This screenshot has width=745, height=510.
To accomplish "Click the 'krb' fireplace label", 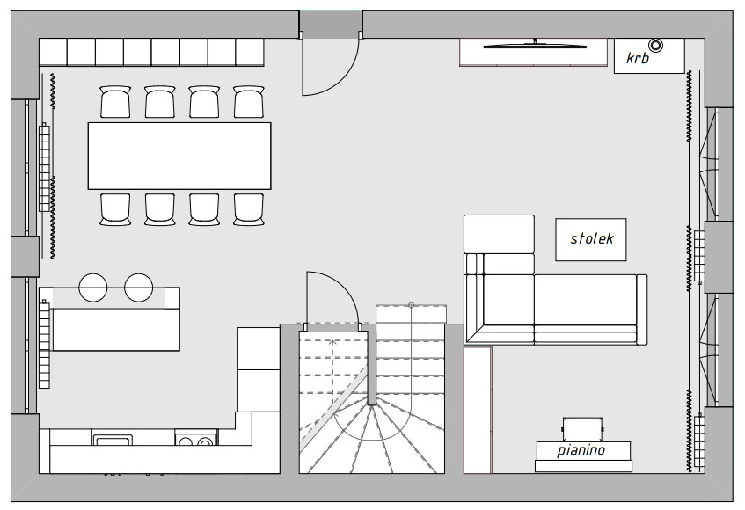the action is (x=637, y=58).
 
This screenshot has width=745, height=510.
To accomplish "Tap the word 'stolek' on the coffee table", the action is (x=592, y=238).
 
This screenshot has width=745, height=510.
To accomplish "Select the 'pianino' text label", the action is (x=581, y=449).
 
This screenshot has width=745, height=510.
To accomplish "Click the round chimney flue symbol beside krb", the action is (x=655, y=45).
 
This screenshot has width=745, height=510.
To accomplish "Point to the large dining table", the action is (x=179, y=156).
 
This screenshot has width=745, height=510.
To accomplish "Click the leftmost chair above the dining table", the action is (x=115, y=102).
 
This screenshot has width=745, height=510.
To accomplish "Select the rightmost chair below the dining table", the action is (x=249, y=209).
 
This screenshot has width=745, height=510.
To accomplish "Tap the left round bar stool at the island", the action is (x=93, y=288).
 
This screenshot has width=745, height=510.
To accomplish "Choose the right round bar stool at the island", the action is (x=139, y=288).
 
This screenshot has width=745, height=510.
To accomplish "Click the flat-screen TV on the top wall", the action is (x=535, y=46).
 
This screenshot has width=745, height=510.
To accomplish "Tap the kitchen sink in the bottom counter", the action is (x=112, y=440).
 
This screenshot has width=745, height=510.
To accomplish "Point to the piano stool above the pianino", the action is (x=582, y=429).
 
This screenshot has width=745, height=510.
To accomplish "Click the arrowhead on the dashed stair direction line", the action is (x=333, y=341).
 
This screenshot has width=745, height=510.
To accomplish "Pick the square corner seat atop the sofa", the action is (x=499, y=234).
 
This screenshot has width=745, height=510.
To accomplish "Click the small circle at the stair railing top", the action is (x=412, y=305).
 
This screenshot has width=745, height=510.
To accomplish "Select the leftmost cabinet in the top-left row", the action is (x=53, y=52).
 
